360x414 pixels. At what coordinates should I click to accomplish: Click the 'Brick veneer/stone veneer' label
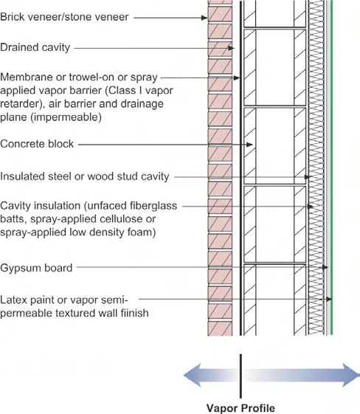64,17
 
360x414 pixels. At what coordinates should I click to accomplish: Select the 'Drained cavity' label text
35,47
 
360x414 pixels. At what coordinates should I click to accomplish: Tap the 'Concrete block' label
37,144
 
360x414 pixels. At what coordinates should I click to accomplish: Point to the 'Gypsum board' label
36,268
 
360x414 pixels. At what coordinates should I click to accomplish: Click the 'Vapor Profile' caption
240,407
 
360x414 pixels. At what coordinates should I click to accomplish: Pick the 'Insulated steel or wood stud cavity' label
84,176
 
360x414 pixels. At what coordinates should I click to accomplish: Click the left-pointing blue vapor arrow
211,375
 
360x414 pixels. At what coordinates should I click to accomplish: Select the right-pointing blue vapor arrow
301,375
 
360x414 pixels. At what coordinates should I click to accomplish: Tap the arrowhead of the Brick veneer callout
205,18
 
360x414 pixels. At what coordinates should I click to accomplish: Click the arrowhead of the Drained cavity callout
231,48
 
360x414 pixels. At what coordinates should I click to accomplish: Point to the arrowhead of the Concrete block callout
249,145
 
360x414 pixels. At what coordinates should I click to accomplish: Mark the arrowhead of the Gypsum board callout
325,267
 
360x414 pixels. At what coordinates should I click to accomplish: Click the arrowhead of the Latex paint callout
329,299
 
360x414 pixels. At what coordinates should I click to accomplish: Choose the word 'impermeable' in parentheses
66,117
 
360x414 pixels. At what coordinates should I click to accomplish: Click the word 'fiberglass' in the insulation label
153,206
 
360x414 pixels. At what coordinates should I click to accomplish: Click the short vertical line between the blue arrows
240,376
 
